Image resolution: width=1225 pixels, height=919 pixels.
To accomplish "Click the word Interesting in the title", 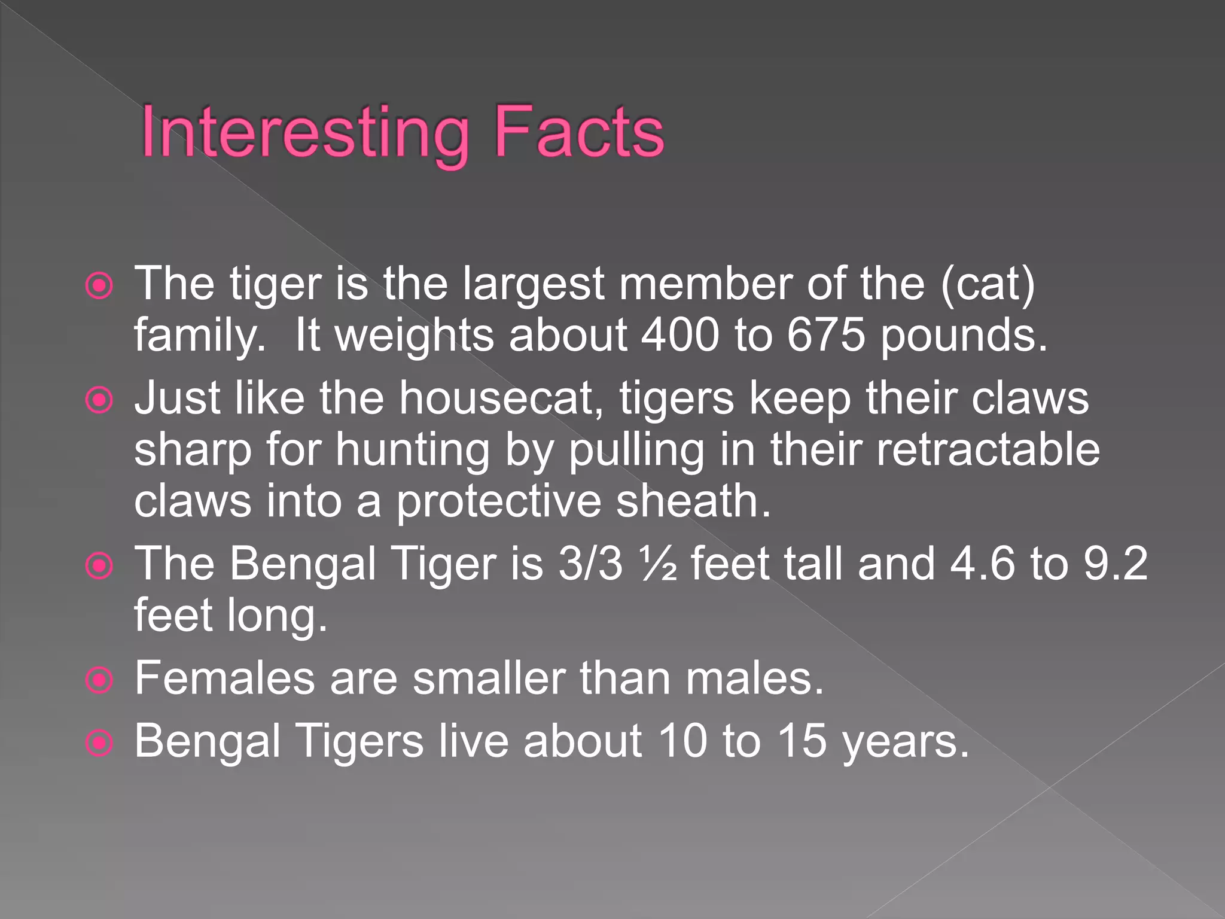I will [x=305, y=132].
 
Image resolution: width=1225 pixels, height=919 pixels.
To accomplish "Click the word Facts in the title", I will [x=579, y=132].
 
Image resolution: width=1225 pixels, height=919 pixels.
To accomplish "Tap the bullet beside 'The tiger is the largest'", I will [x=99, y=286].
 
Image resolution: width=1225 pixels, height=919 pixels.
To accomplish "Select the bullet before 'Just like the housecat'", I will [x=99, y=400].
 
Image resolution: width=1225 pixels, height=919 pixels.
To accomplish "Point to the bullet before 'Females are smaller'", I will [x=99, y=680].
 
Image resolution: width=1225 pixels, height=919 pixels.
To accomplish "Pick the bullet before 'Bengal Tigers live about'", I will [x=99, y=744].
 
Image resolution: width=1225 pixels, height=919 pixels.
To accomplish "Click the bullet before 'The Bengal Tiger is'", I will [x=99, y=566].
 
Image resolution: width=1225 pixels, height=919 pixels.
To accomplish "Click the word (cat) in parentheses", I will [x=988, y=284].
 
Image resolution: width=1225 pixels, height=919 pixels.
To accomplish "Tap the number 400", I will [x=679, y=335].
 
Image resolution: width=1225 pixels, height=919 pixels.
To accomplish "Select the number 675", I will [x=826, y=335].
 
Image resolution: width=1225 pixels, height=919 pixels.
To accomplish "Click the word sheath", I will [x=694, y=501].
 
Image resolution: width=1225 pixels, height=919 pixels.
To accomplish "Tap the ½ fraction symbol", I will [x=658, y=564].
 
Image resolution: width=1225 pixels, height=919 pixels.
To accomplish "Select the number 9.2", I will [x=1116, y=564].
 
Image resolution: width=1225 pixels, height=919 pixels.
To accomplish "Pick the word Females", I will [x=224, y=678].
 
